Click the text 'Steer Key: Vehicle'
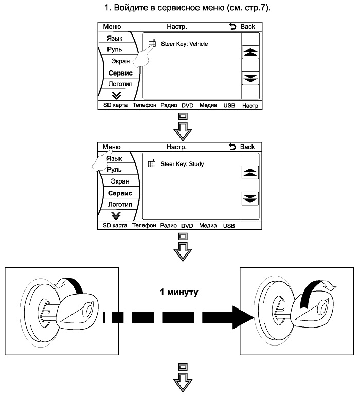click(184, 44)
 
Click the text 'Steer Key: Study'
click(182, 164)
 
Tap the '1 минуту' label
click(179, 292)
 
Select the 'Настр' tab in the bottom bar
click(250, 105)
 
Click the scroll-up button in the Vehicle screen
click(250, 52)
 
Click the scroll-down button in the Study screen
click(250, 198)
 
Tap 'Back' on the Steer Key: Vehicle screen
click(242, 27)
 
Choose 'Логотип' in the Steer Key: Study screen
click(120, 204)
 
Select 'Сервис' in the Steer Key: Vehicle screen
click(120, 73)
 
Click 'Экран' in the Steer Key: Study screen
click(120, 181)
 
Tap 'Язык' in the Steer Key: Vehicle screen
click(115, 38)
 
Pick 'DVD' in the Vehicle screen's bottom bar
click(188, 105)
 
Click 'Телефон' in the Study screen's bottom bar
click(144, 226)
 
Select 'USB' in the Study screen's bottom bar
click(229, 226)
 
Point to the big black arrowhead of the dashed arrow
click(243, 318)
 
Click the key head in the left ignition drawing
click(77, 311)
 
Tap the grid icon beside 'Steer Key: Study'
click(152, 163)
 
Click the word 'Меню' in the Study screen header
click(112, 147)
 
